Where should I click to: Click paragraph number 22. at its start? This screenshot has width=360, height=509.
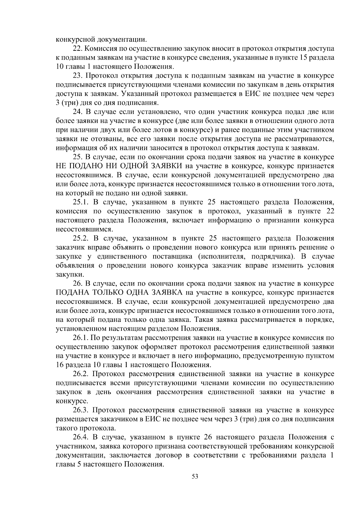click(78, 48)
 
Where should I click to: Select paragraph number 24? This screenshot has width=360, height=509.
click(78, 112)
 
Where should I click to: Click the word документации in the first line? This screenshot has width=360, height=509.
click(121, 39)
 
